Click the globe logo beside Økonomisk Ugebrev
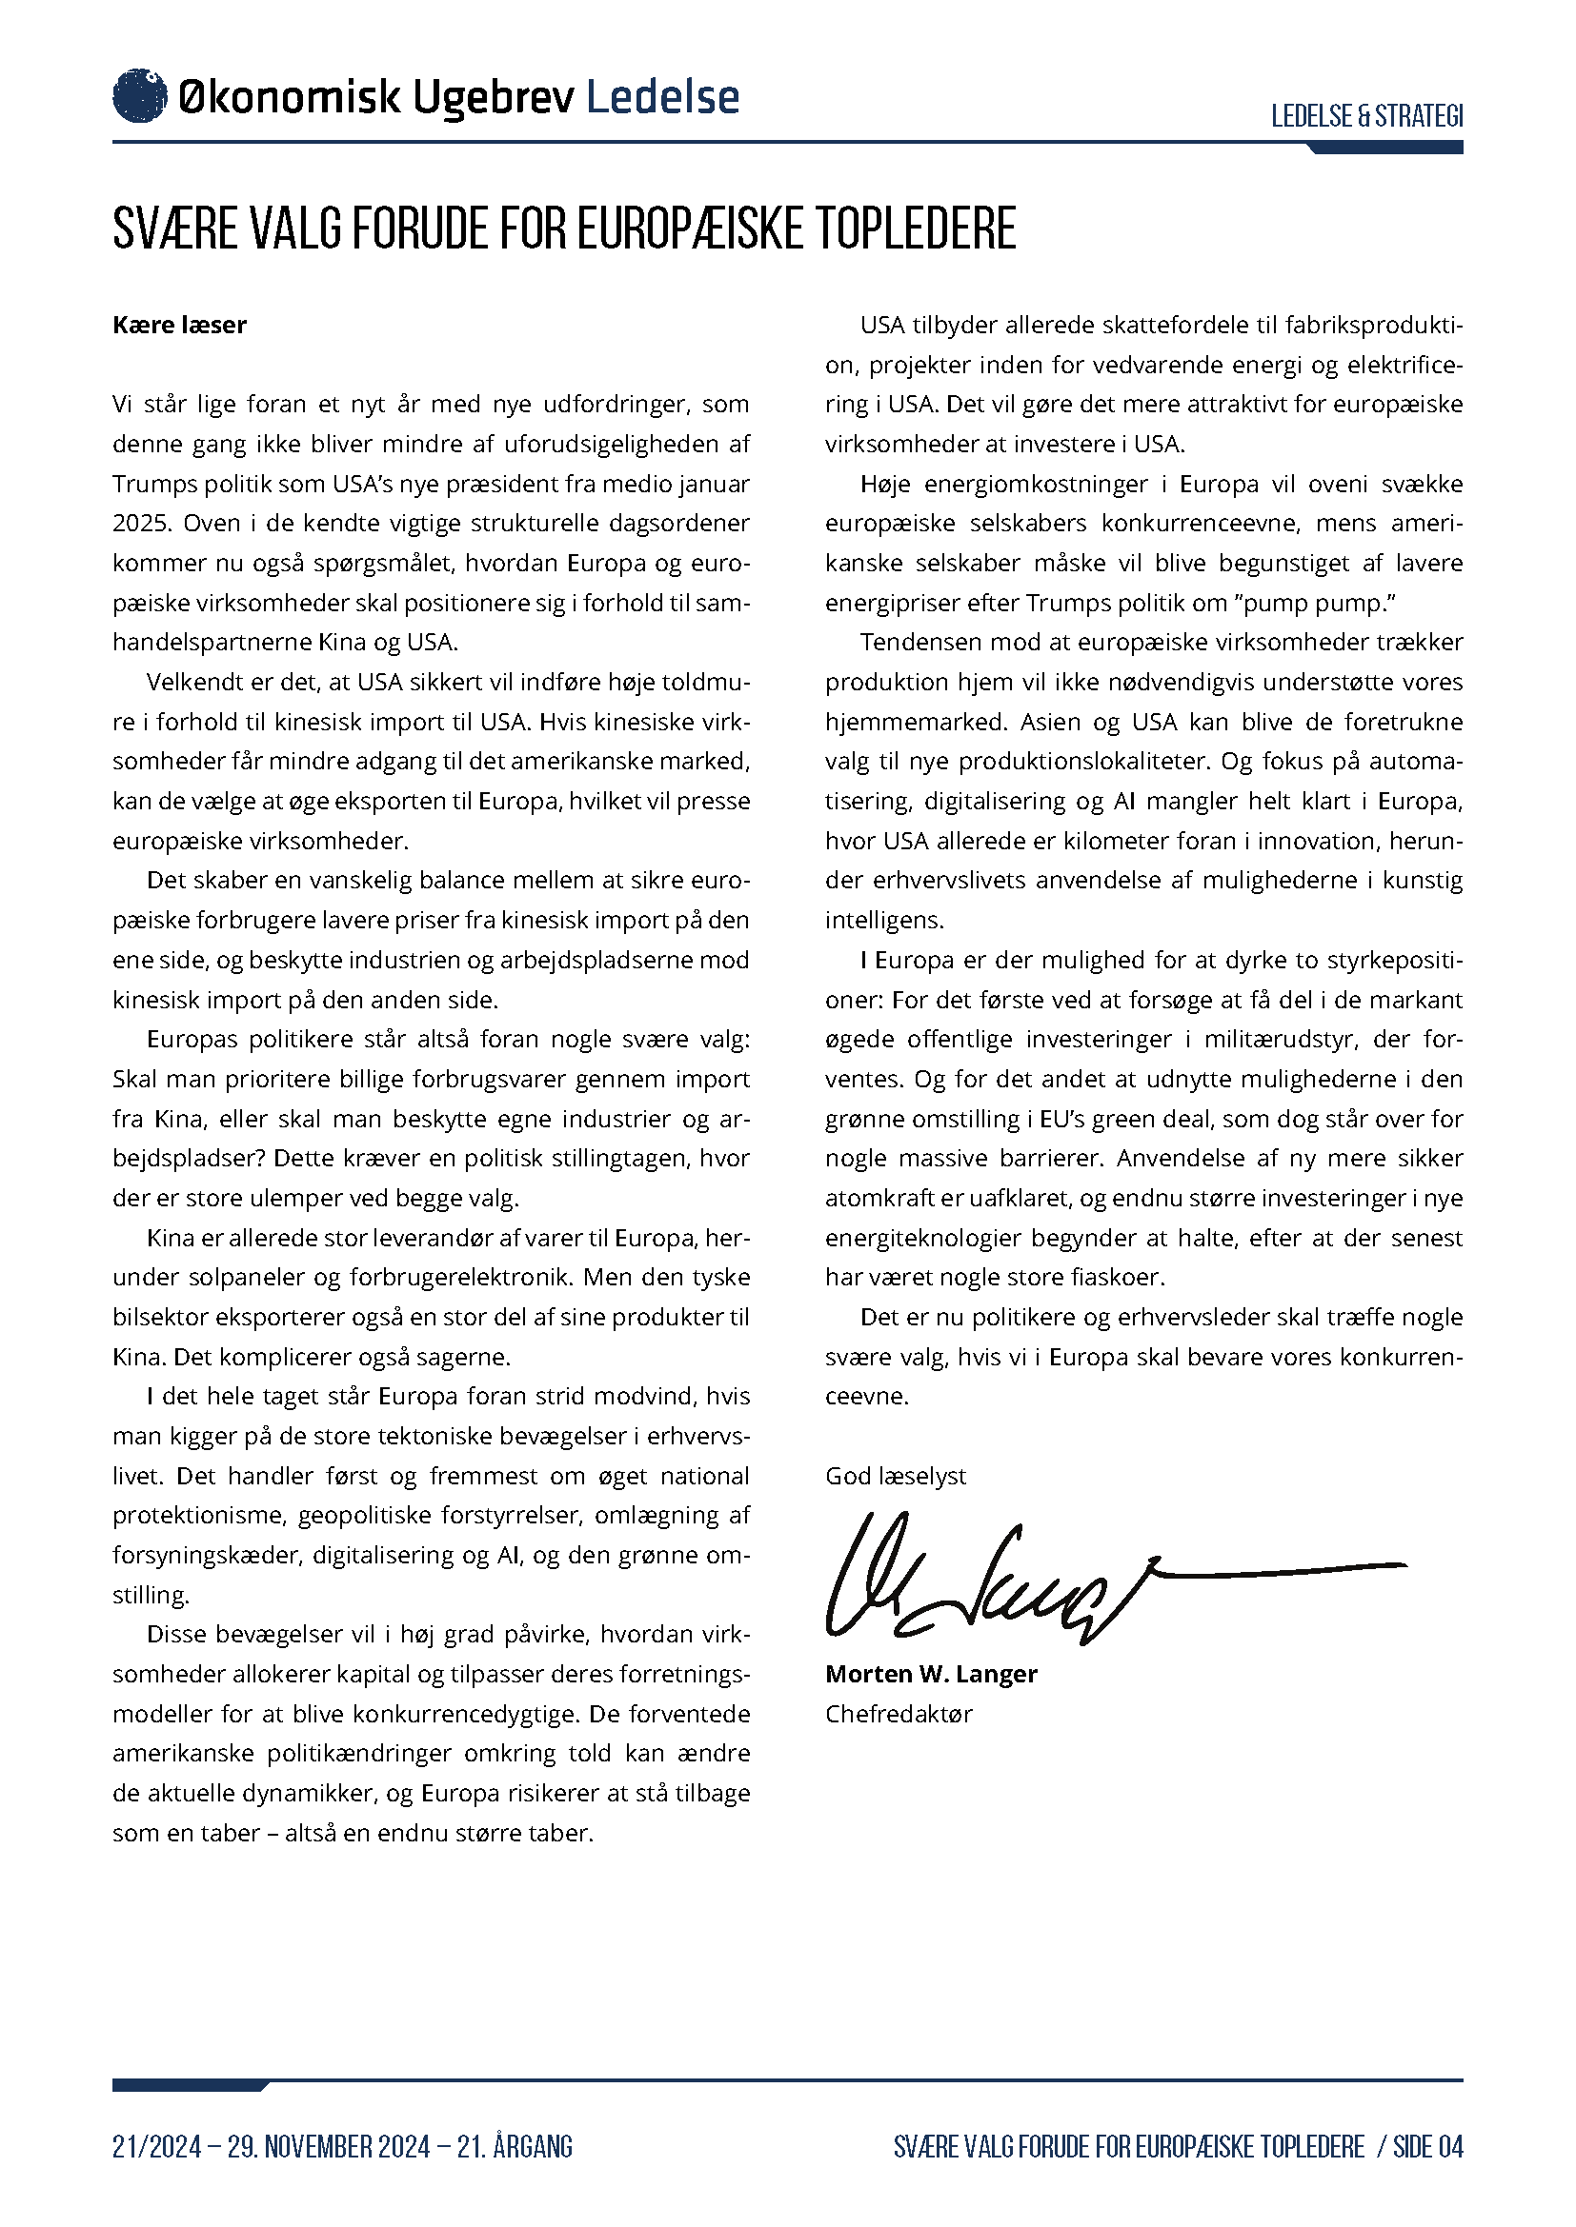click(x=140, y=96)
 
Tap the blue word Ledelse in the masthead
click(x=663, y=97)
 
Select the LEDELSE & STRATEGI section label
click(x=1366, y=116)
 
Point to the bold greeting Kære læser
click(x=179, y=325)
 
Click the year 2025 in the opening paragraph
click(x=141, y=524)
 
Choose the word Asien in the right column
click(x=1051, y=723)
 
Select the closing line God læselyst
click(x=896, y=1477)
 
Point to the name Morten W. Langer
click(x=931, y=1674)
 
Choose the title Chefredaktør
click(x=899, y=1714)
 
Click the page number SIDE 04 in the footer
click(x=1427, y=2146)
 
